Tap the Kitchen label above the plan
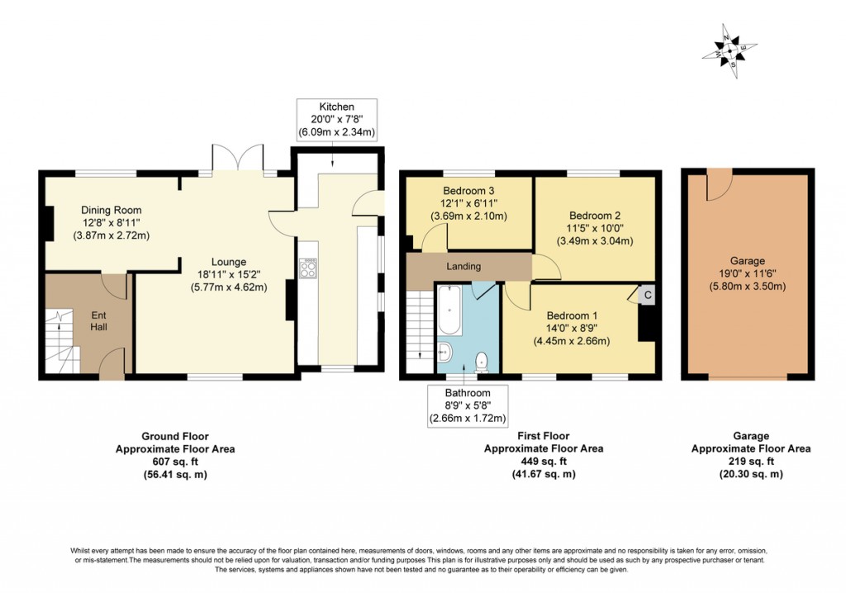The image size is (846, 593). (x=336, y=107)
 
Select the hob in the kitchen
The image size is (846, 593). (x=308, y=268)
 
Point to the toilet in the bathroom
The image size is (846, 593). (x=482, y=360)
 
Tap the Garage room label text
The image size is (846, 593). (x=747, y=260)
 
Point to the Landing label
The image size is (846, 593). (x=464, y=266)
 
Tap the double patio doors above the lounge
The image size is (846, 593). (x=238, y=158)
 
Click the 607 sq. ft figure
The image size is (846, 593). (x=175, y=462)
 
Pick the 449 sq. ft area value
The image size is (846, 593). (x=543, y=462)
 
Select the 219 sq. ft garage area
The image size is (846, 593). (x=751, y=462)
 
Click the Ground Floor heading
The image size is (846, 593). (x=175, y=436)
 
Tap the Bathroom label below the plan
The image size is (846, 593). (x=468, y=393)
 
